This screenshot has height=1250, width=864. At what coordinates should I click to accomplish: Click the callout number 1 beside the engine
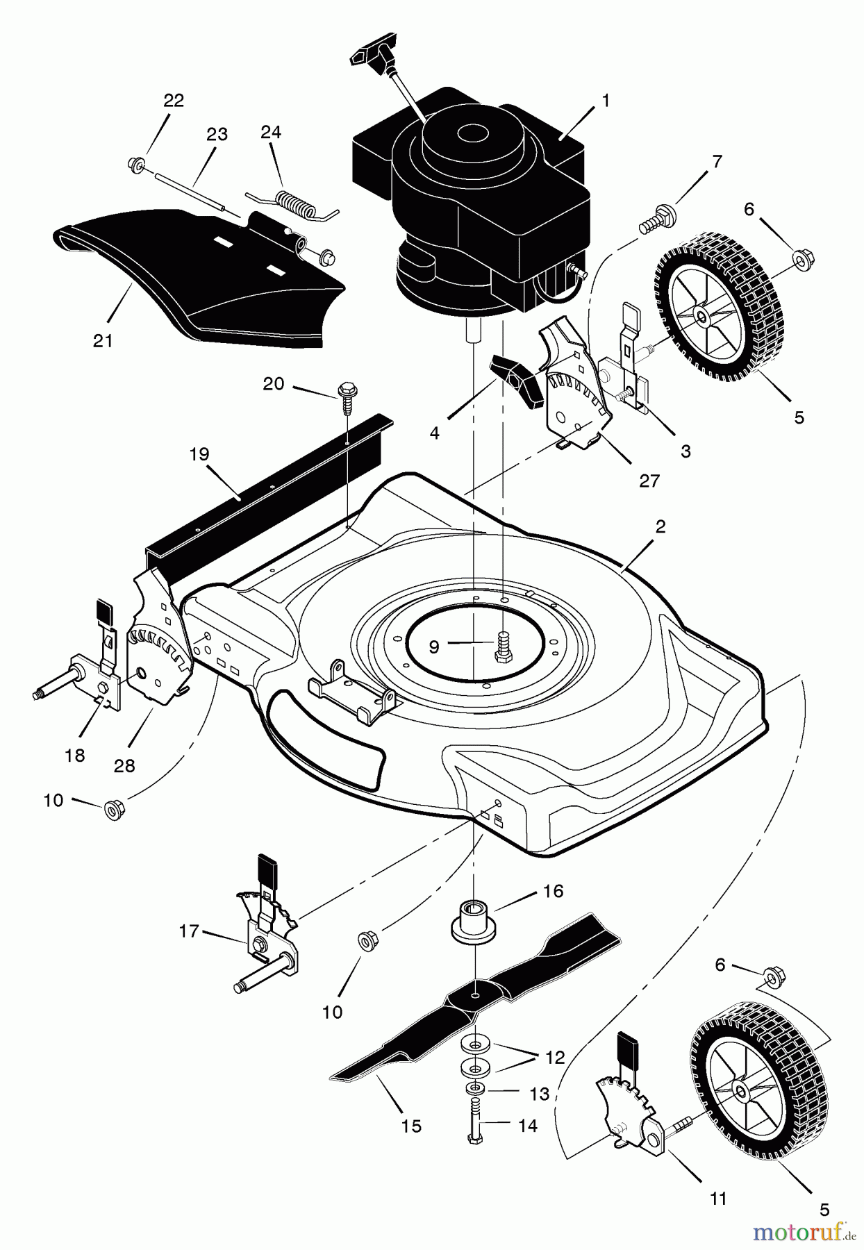pyautogui.click(x=606, y=101)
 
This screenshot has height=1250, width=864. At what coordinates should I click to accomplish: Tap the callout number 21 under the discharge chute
pyautogui.click(x=103, y=341)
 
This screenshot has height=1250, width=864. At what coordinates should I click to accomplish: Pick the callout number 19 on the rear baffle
pyautogui.click(x=199, y=454)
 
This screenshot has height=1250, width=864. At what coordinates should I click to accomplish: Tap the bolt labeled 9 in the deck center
pyautogui.click(x=502, y=646)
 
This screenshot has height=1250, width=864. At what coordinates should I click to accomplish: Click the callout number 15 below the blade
pyautogui.click(x=411, y=1126)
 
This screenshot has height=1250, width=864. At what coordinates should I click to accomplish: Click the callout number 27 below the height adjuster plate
pyautogui.click(x=649, y=481)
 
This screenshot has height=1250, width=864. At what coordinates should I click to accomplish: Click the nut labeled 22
pyautogui.click(x=135, y=164)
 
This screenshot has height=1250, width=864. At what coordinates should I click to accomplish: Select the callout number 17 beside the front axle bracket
pyautogui.click(x=189, y=931)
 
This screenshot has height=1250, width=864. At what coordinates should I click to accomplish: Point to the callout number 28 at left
pyautogui.click(x=124, y=766)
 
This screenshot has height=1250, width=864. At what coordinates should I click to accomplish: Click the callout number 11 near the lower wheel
pyautogui.click(x=717, y=1198)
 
